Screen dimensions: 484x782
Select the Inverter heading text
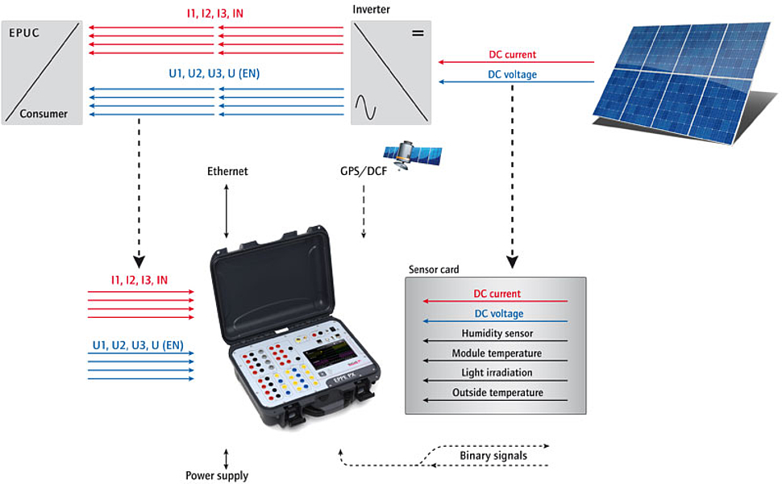click(372, 9)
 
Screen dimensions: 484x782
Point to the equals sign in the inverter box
click(417, 34)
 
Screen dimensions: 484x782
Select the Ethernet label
click(227, 172)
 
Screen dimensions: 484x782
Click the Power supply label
click(217, 475)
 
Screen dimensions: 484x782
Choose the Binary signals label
click(493, 456)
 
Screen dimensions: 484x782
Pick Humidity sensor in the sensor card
click(497, 333)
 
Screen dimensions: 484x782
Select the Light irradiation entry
click(497, 373)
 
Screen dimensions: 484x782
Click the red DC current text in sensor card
click(497, 294)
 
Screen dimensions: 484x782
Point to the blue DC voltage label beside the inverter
click(513, 75)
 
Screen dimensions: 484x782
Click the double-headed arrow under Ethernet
click(227, 210)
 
